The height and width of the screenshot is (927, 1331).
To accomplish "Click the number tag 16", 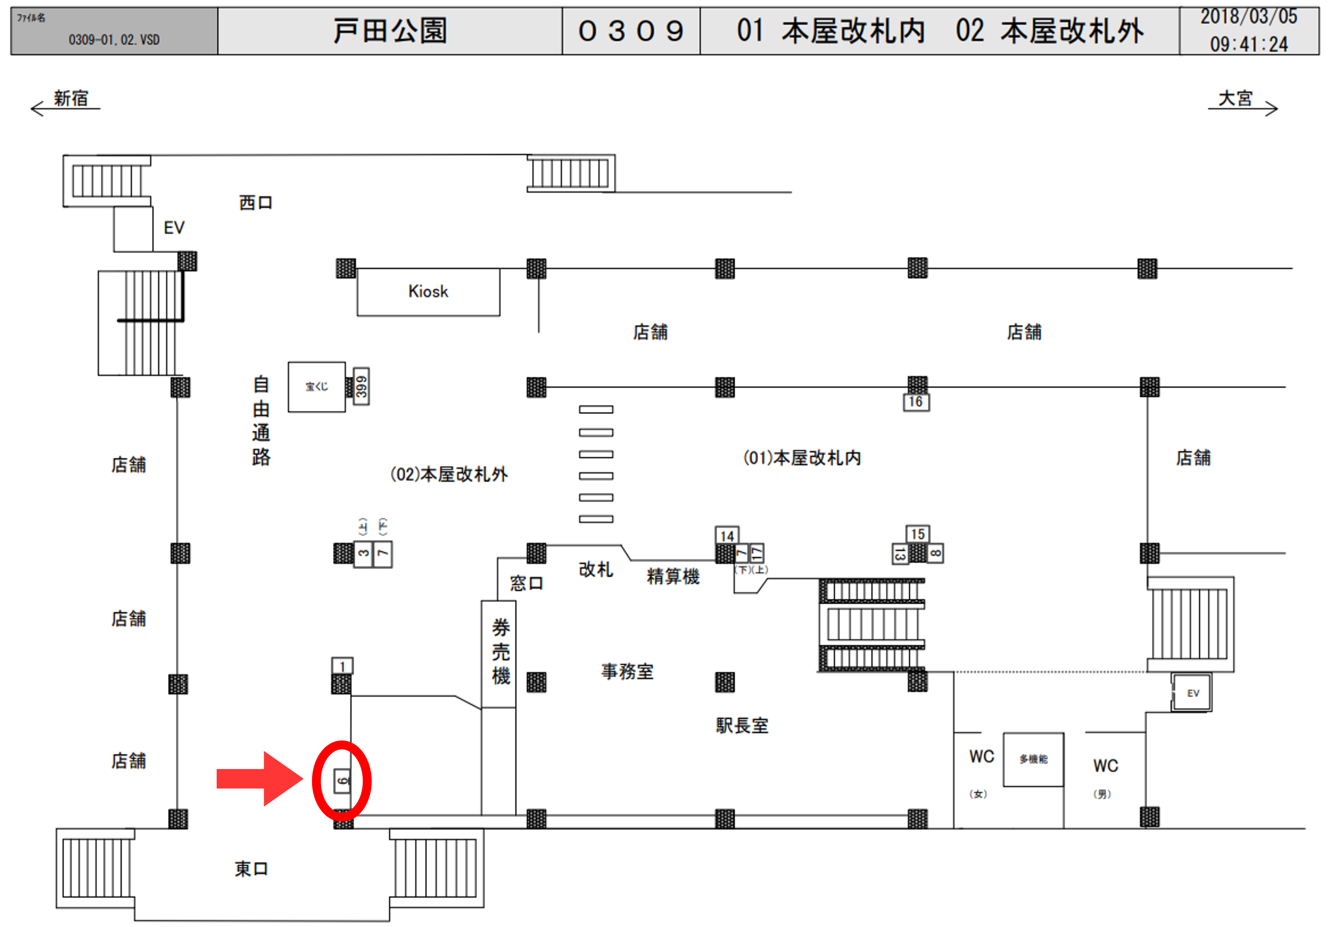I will (x=916, y=402).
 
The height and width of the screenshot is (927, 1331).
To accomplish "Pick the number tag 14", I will (x=727, y=535).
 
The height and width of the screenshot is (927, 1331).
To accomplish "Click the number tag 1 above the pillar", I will (x=342, y=666).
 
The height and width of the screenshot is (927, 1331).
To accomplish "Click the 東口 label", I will (x=251, y=869).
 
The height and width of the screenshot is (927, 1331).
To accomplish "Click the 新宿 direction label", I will (x=71, y=98).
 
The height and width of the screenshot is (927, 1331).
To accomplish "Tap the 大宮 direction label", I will (x=1235, y=98).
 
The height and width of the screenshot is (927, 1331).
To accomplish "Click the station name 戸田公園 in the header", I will (x=390, y=31).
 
